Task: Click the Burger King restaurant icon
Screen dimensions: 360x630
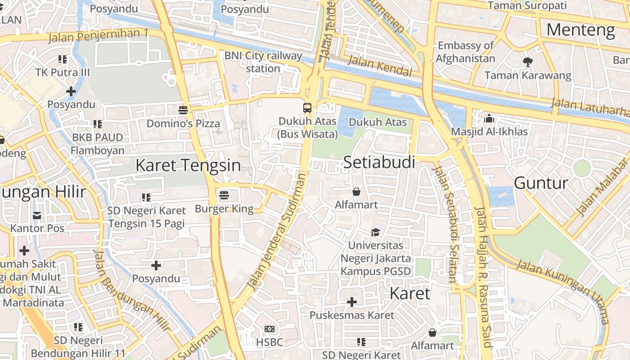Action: [224, 195]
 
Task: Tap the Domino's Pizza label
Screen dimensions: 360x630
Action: [183, 123]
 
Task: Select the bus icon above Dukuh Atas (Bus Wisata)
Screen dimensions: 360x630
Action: [307, 108]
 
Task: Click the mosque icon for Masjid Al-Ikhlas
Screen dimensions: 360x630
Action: [489, 119]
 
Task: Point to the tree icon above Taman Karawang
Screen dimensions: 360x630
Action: [527, 62]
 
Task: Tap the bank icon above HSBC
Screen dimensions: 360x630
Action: [270, 329]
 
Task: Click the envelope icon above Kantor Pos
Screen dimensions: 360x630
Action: [37, 216]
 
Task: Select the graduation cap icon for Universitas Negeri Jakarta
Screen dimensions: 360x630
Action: [375, 232]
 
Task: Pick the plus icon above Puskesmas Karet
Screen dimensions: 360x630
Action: [352, 302]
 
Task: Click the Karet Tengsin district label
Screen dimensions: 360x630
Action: [188, 165]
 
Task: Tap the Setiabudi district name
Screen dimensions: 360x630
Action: [379, 162]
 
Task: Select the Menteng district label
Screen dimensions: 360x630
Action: [580, 30]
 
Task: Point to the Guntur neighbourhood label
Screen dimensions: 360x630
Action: [541, 183]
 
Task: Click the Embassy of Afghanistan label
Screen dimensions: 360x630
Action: [465, 52]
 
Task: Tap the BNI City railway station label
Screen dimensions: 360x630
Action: [263, 62]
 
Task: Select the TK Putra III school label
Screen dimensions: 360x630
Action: [63, 72]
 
